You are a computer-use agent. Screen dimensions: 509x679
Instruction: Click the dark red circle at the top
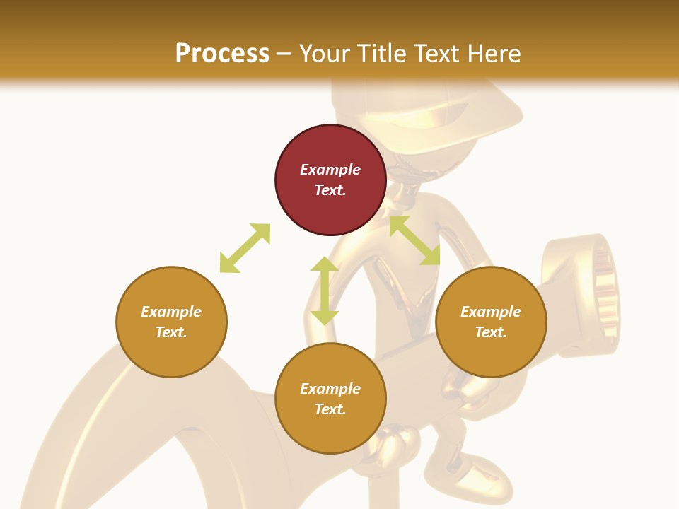(x=330, y=180)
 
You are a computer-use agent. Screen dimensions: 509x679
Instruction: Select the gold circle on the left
(x=171, y=322)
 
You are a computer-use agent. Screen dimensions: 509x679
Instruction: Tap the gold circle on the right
(x=491, y=322)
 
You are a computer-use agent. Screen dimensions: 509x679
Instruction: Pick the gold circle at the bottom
(x=330, y=399)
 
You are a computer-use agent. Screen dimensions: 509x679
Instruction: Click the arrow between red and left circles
(x=245, y=248)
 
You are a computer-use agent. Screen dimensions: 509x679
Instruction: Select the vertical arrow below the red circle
(x=325, y=291)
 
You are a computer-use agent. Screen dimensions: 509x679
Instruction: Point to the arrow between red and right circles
(x=414, y=240)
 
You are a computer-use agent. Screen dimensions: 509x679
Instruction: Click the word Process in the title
(x=222, y=53)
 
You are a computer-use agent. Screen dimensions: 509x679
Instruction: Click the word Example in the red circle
(x=330, y=170)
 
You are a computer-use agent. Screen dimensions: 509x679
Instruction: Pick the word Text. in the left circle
(x=171, y=332)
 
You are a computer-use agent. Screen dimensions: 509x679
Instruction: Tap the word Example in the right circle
(x=491, y=312)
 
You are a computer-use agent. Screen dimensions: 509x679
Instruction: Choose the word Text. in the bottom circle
(x=330, y=409)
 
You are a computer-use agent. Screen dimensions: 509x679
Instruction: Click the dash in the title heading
(x=284, y=54)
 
